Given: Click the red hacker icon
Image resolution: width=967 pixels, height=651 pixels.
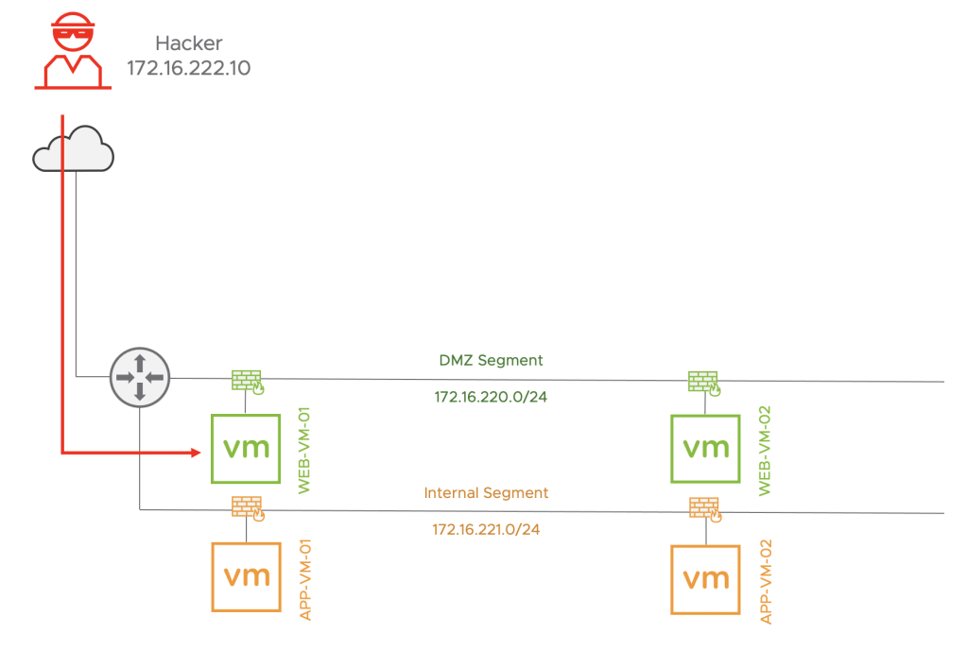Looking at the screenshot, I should click(x=73, y=52).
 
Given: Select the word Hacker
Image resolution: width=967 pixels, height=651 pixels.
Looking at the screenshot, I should click(x=188, y=43).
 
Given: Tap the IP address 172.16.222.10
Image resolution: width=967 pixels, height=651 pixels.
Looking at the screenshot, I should click(x=188, y=68).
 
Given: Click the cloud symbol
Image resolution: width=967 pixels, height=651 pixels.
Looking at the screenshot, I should click(x=73, y=150).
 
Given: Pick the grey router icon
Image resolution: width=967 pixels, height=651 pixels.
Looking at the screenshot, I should click(x=139, y=376).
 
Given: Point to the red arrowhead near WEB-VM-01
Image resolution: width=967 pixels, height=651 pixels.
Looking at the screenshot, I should click(x=196, y=454).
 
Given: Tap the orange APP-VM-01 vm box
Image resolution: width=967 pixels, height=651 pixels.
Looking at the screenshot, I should click(x=246, y=575).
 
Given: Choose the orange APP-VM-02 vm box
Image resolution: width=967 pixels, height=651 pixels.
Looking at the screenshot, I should click(x=706, y=578).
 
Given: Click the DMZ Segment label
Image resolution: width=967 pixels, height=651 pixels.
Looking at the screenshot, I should click(x=491, y=360).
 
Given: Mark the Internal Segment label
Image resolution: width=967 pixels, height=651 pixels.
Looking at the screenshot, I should click(x=486, y=492).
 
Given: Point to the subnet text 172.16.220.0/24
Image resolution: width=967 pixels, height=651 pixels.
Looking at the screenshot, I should click(x=491, y=397).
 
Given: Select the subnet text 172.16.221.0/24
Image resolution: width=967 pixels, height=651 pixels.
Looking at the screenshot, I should click(x=486, y=529).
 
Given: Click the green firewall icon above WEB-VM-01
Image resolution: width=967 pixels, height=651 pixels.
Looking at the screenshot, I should click(x=247, y=381).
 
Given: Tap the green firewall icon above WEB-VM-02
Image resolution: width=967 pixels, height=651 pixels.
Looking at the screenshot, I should click(x=701, y=381).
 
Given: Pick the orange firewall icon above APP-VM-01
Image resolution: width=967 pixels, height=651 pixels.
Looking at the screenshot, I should click(x=247, y=508).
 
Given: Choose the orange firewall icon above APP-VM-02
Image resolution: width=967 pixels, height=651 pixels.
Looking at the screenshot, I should click(x=703, y=509).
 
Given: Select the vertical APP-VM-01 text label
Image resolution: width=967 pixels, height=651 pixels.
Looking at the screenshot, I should click(x=304, y=580).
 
